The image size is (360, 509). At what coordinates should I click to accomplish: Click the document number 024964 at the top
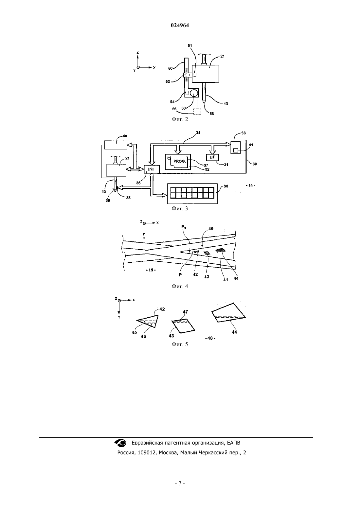pyautogui.click(x=180, y=26)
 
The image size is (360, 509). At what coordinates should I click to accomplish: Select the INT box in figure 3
pyautogui.click(x=152, y=169)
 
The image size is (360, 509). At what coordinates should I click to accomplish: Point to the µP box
pyautogui.click(x=212, y=157)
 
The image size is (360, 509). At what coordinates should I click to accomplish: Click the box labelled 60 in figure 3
pyautogui.click(x=116, y=145)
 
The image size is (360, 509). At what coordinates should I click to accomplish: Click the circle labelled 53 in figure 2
pyautogui.click(x=194, y=93)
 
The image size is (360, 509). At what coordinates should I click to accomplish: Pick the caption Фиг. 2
pyautogui.click(x=180, y=119)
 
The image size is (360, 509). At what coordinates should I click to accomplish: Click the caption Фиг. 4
pyautogui.click(x=180, y=286)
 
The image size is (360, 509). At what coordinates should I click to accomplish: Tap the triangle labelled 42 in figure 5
pyautogui.click(x=149, y=321)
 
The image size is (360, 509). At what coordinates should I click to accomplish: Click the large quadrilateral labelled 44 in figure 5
pyautogui.click(x=228, y=313)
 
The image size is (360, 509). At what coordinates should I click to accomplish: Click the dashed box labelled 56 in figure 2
pyautogui.click(x=197, y=112)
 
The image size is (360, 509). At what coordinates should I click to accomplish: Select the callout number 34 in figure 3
pyautogui.click(x=198, y=132)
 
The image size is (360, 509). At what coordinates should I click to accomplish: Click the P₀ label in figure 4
pyautogui.click(x=184, y=227)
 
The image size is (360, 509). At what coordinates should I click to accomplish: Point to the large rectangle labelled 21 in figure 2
pyautogui.click(x=206, y=74)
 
